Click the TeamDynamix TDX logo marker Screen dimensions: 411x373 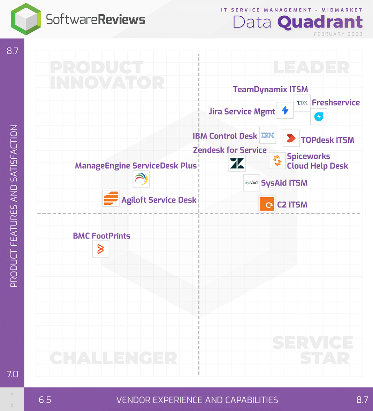(302, 103)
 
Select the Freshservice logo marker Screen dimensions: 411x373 (319, 117)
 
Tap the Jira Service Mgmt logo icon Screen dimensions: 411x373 (285, 110)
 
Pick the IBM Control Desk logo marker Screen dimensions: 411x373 (268, 135)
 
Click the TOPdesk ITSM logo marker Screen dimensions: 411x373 (291, 138)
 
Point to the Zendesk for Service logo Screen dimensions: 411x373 (237, 163)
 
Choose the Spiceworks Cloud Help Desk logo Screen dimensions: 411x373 (277, 160)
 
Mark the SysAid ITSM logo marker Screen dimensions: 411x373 (251, 183)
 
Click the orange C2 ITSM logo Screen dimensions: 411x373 (267, 204)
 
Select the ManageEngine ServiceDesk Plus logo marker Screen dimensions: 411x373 (141, 179)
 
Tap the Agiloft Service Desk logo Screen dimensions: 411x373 (111, 198)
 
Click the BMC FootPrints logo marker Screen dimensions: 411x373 (101, 249)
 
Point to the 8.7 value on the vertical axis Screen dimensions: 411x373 (13, 51)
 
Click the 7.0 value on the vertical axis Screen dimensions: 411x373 (13, 374)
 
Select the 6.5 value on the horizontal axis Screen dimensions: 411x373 (45, 400)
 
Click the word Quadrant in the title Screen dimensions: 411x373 (320, 22)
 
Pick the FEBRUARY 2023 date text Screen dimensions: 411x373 (338, 34)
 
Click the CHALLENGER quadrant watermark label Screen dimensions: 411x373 (113, 358)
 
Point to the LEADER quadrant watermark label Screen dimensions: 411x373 (311, 68)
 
